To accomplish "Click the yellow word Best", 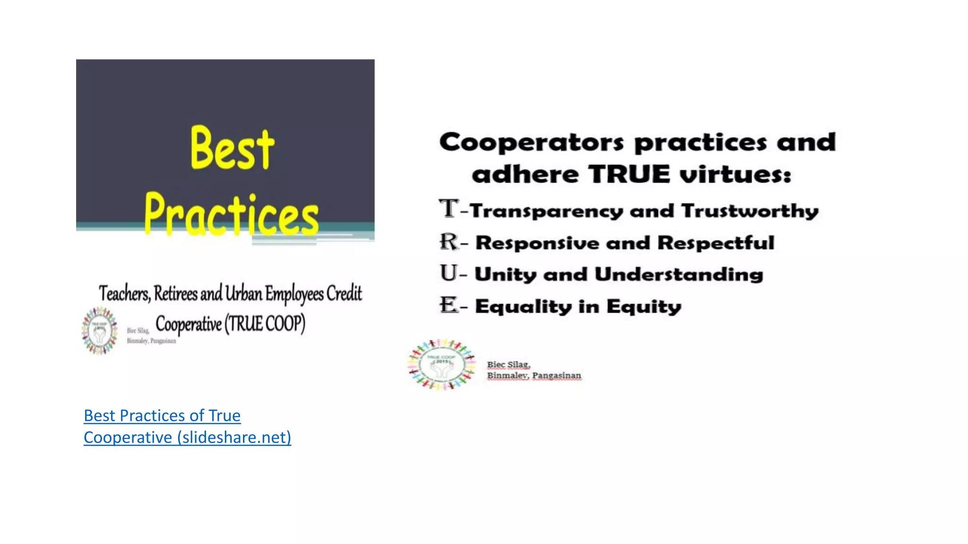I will coord(232,148).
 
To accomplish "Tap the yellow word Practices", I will coord(232,215).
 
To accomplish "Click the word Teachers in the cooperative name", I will coord(124,294).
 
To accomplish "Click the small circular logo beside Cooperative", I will coord(99,331).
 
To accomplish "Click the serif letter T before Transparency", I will coord(449,209).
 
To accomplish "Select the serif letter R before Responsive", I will coord(449,242).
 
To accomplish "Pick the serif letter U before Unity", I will coord(449,273).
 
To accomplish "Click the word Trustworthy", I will coord(750,211).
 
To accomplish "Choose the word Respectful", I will coord(716,243).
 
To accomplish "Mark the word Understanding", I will coord(679,274).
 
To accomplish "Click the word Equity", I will coord(644,307).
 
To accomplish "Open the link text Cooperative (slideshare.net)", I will coord(187,437).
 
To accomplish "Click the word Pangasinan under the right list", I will coord(556,376).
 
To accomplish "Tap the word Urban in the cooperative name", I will coord(243,294).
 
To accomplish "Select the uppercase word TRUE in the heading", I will coord(629,175).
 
